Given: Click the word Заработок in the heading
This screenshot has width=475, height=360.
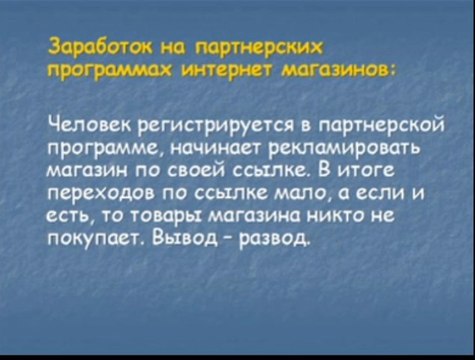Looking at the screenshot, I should [94, 47].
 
